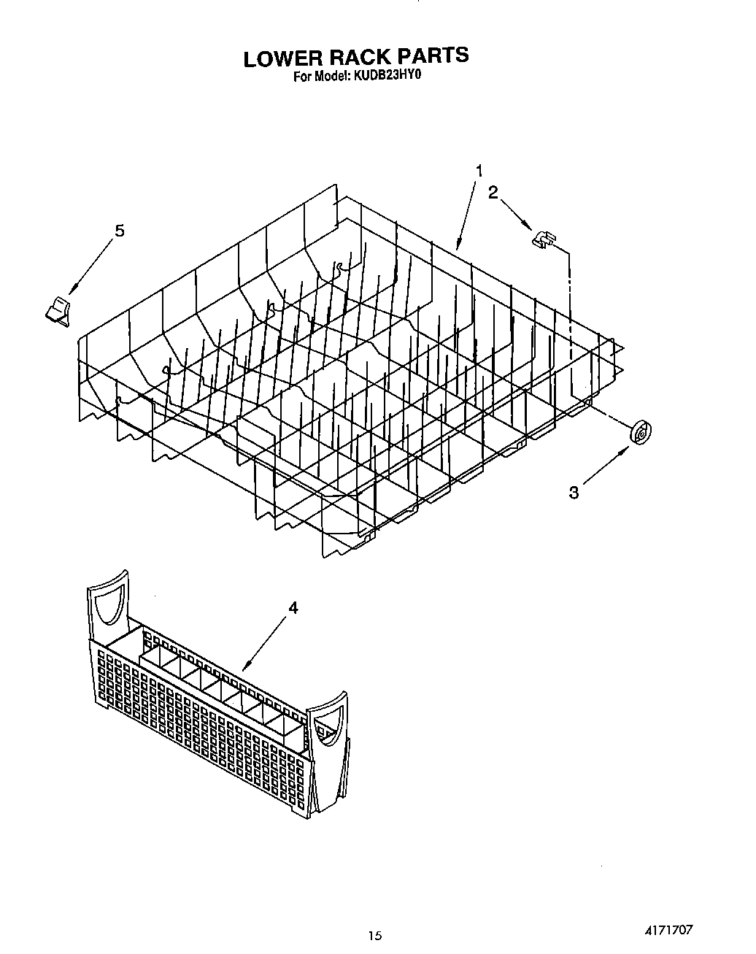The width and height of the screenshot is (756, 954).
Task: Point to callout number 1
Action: tap(479, 172)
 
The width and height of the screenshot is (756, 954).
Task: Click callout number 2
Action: tap(493, 193)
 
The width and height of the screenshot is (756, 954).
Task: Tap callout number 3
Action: tap(574, 493)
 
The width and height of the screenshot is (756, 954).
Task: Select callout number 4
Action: tap(293, 607)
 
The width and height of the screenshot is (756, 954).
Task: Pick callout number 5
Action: tap(119, 231)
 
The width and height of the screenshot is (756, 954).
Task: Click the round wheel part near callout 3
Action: tap(641, 433)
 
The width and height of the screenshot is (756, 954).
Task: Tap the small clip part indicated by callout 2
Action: tap(543, 238)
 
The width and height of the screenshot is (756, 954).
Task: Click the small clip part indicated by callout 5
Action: tap(56, 310)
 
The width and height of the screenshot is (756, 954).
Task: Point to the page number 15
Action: tap(375, 935)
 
